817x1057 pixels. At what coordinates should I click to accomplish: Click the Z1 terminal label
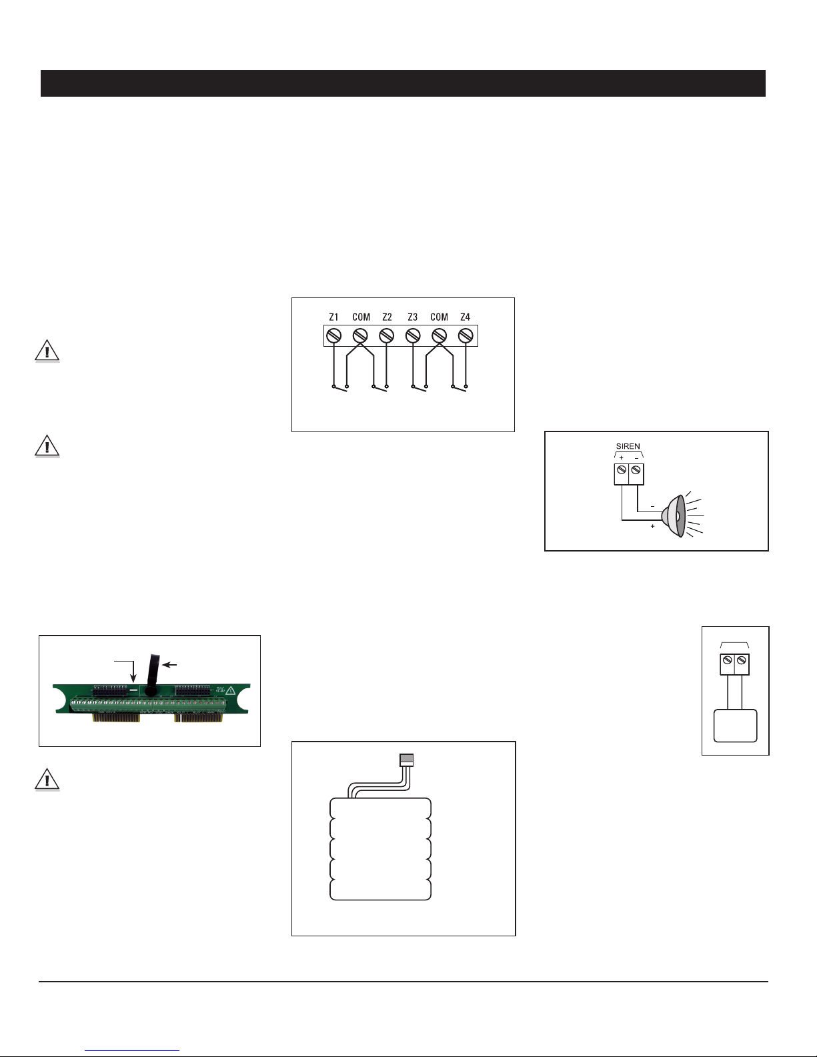click(x=333, y=317)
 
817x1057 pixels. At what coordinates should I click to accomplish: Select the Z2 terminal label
click(x=387, y=317)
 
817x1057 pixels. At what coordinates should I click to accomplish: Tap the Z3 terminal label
click(x=412, y=317)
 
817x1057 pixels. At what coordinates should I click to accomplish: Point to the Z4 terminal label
click(x=466, y=317)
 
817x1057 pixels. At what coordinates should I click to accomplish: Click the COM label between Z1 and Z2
click(x=361, y=317)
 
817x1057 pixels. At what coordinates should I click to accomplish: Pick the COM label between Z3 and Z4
click(x=439, y=317)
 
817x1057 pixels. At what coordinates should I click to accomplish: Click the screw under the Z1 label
click(x=333, y=335)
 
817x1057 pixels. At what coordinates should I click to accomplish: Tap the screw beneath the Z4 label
click(x=466, y=335)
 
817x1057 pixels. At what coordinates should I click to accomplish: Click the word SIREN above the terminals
click(x=628, y=446)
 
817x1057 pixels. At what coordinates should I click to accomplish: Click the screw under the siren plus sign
click(x=622, y=470)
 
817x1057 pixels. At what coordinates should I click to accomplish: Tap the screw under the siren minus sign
click(x=636, y=470)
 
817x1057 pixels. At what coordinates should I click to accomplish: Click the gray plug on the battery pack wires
click(x=406, y=760)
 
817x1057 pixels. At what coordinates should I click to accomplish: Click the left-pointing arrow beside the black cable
click(x=169, y=664)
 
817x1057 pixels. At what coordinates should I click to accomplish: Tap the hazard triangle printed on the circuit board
click(x=230, y=690)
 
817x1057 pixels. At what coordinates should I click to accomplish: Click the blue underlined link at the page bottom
click(x=132, y=1051)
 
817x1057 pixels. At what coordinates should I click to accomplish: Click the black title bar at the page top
click(x=403, y=83)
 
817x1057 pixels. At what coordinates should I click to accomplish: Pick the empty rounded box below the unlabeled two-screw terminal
click(x=735, y=726)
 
